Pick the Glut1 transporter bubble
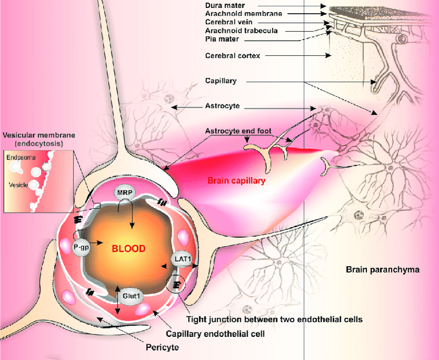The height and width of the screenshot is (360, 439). tap(132, 296)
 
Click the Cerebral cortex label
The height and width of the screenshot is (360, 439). tap(232, 55)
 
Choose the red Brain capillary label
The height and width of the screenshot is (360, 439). tap(236, 180)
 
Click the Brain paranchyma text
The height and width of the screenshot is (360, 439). tap(382, 269)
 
